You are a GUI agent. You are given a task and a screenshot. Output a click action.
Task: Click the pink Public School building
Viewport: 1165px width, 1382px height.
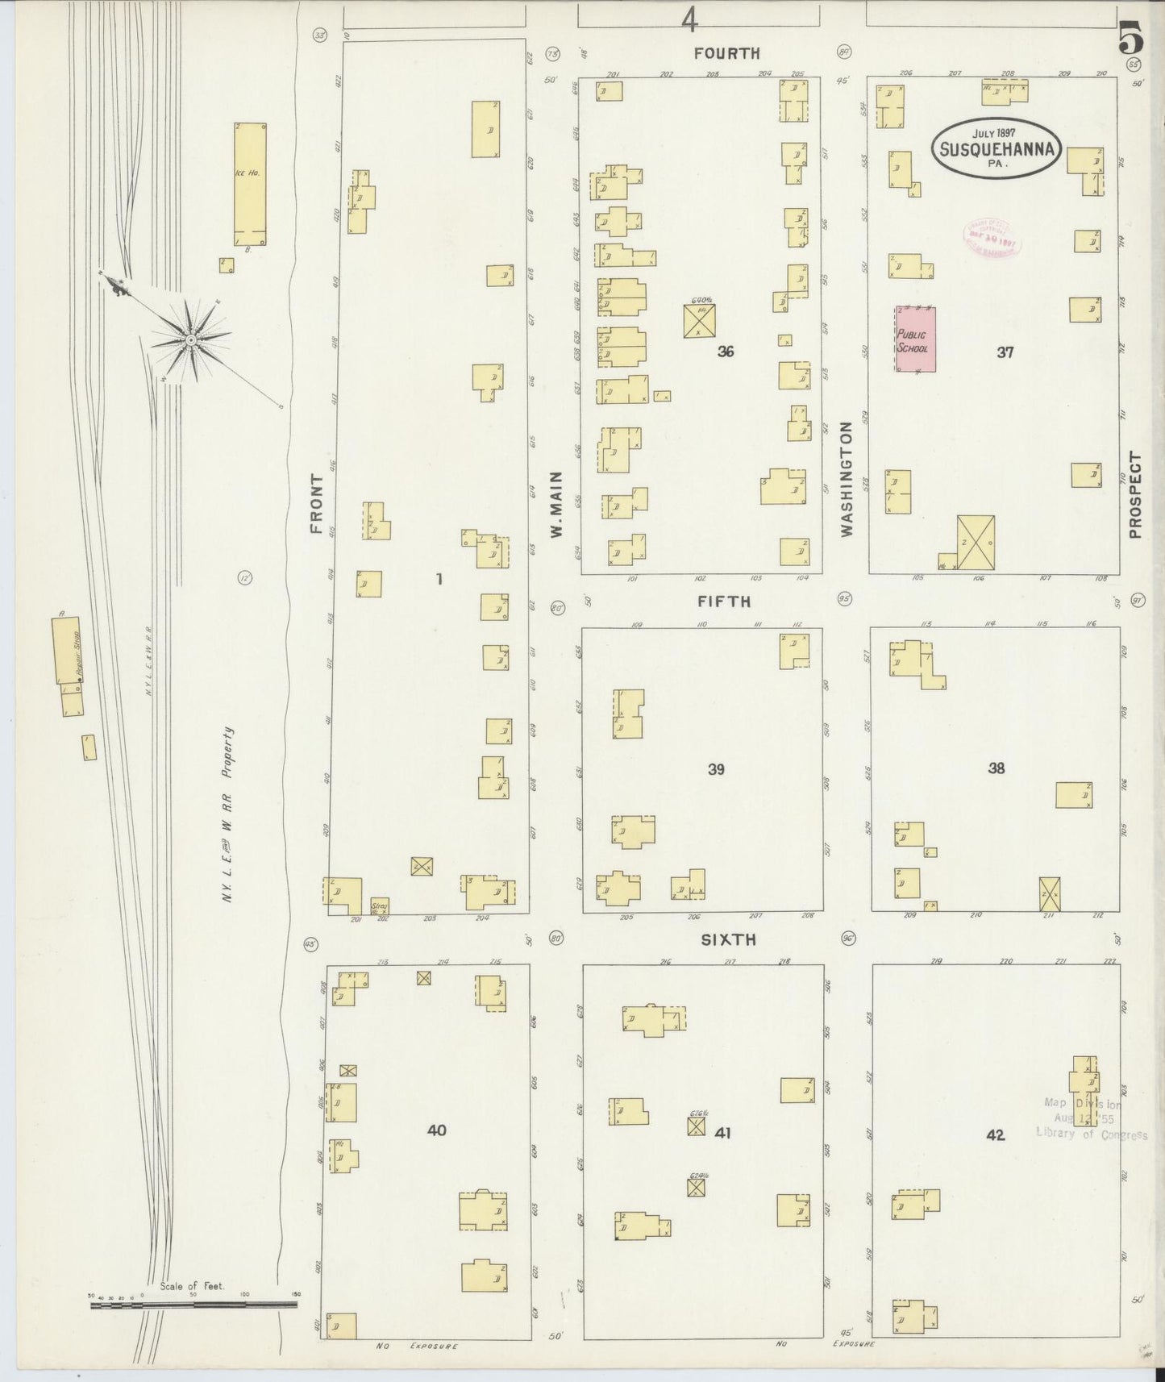(916, 339)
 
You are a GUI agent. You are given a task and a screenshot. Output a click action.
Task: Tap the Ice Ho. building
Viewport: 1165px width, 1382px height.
(250, 184)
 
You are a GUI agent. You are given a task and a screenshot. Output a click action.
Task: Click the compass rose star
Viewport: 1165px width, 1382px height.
(190, 340)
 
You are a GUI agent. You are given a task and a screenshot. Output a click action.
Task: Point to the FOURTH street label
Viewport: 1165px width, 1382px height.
(727, 53)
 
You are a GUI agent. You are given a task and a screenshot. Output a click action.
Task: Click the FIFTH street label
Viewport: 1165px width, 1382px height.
(724, 602)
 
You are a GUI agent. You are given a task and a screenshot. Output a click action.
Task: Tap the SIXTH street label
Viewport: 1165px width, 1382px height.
(727, 939)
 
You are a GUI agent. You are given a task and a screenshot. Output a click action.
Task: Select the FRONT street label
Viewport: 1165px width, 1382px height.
(316, 504)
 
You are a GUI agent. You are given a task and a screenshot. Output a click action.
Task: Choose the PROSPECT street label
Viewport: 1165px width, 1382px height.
(1135, 494)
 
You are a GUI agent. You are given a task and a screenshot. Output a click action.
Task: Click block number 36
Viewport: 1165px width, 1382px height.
(725, 352)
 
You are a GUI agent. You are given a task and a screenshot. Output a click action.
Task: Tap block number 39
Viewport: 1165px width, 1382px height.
(715, 769)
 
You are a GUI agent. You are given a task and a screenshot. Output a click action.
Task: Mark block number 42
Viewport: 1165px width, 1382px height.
(995, 1134)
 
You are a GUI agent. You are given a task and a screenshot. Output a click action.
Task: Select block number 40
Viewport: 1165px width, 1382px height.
(436, 1130)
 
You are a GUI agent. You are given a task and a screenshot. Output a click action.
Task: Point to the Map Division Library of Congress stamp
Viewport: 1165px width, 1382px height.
(1090, 1119)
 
